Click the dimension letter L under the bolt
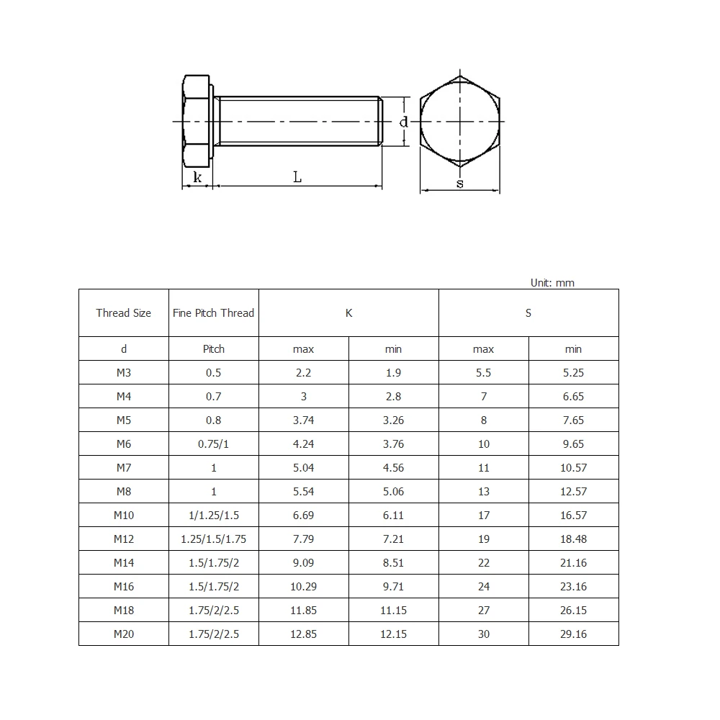297,177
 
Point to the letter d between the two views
404,122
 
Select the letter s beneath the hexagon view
460,184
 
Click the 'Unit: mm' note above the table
552,283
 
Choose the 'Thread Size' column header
124,313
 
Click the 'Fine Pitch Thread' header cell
214,313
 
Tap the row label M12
124,539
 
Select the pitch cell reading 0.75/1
214,444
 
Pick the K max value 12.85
304,634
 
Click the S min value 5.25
573,372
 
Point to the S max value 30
484,634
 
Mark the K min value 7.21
394,539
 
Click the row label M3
124,372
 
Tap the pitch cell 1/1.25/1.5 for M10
214,515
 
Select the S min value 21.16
573,562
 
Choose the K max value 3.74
304,420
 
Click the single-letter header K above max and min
349,313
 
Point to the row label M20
124,634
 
